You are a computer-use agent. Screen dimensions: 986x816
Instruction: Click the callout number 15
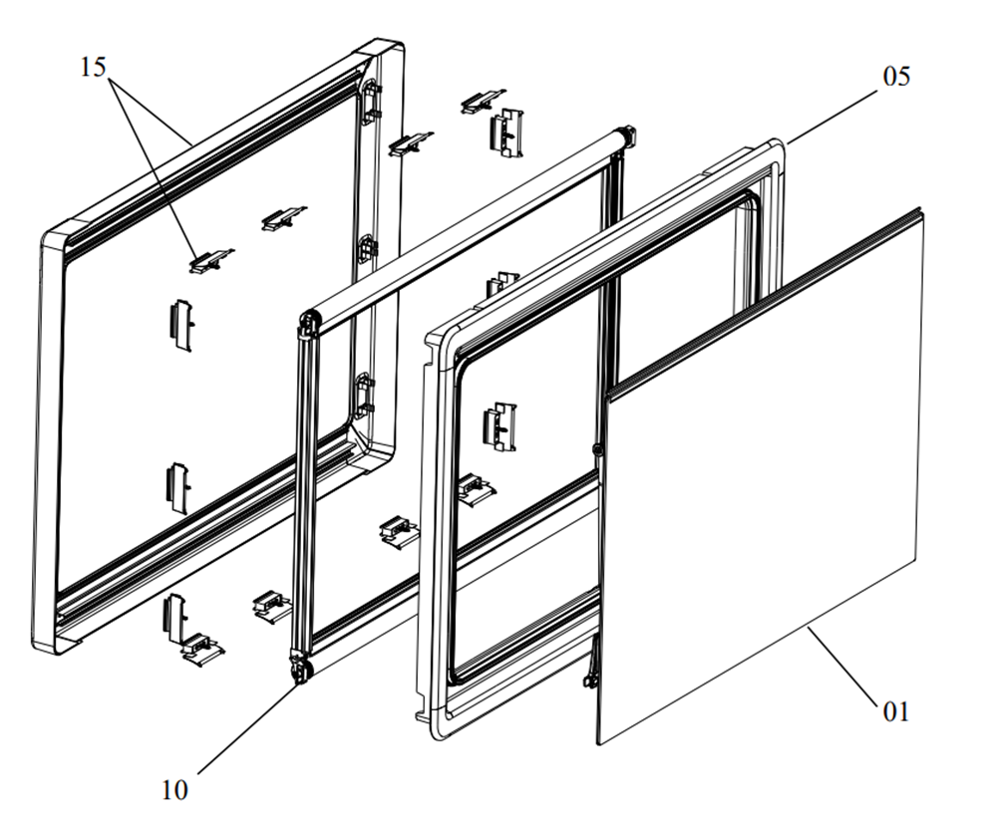(93, 68)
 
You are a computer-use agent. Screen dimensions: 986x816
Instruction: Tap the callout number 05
(896, 76)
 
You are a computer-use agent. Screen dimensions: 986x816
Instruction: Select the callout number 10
(174, 789)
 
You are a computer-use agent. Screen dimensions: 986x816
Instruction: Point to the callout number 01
(896, 711)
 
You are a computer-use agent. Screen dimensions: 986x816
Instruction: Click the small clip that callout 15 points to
(210, 260)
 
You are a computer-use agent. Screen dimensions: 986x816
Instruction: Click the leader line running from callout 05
(831, 118)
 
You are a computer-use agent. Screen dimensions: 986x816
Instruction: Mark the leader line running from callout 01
(842, 666)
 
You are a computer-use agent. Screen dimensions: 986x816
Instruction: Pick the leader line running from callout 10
(248, 728)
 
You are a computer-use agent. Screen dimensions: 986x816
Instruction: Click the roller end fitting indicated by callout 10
(302, 671)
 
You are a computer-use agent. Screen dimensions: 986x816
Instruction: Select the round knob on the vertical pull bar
(597, 449)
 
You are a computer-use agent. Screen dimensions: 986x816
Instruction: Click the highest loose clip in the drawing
(482, 102)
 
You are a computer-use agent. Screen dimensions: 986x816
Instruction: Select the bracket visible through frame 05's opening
(499, 426)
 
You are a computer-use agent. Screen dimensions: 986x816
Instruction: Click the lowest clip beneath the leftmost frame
(202, 650)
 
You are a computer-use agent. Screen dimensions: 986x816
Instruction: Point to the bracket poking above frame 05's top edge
(501, 284)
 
